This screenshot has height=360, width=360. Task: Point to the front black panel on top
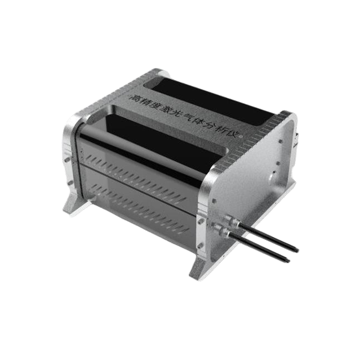tap(162, 137)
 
